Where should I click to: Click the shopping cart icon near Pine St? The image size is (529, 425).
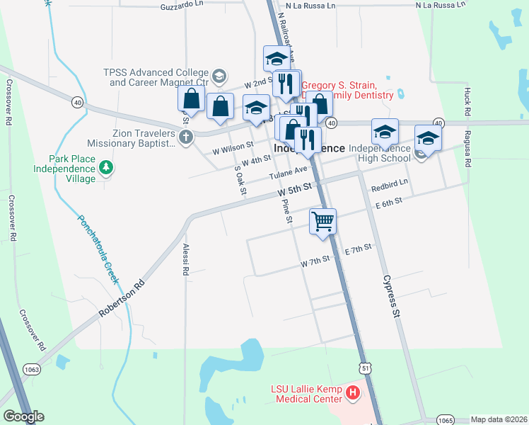point(322,220)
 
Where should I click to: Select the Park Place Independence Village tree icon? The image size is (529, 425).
point(106,167)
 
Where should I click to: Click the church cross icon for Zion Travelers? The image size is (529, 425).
point(186,137)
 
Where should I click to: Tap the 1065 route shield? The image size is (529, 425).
point(445,419)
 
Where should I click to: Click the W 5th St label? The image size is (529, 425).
point(294,189)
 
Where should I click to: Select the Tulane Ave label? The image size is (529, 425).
point(288,172)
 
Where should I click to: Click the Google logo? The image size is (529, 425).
point(23,416)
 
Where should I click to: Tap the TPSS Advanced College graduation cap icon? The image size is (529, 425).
point(219,75)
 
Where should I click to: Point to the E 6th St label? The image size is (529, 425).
point(389,202)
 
